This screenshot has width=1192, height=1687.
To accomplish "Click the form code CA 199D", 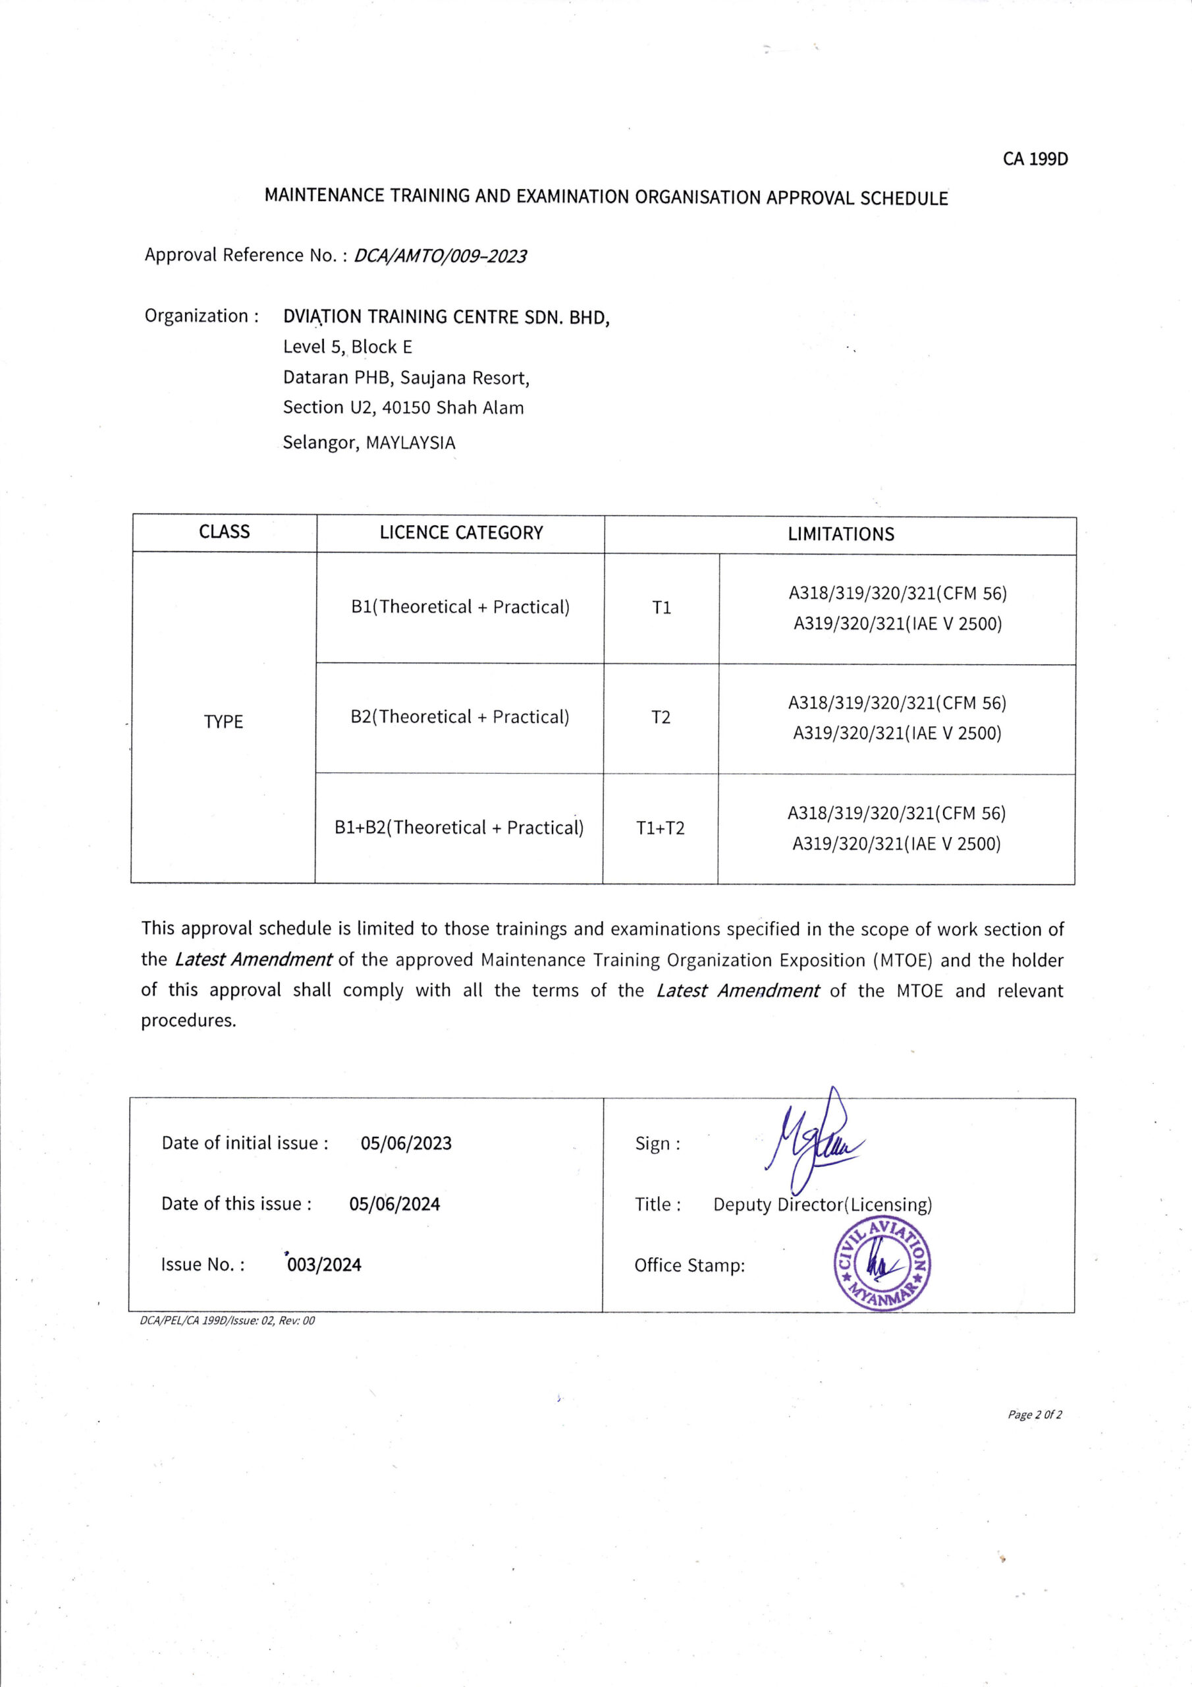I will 1035,159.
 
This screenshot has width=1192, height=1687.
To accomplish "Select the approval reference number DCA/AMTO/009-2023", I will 440,256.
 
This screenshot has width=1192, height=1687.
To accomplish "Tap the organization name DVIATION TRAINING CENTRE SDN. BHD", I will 446,318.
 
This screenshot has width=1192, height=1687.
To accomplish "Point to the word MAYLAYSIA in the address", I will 410,443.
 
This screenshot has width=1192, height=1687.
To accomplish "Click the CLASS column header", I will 224,532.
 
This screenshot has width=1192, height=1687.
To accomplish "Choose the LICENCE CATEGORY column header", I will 460,533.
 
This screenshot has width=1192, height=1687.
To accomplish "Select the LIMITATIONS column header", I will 840,535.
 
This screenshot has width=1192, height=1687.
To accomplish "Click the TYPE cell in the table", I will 223,722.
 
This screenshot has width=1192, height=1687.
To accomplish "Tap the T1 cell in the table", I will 661,608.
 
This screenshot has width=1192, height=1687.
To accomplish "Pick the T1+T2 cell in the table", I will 659,828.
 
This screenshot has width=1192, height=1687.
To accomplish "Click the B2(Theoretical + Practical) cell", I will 460,717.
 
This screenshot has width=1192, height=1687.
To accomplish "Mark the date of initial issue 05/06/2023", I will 406,1143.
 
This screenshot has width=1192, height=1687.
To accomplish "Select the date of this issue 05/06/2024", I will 394,1204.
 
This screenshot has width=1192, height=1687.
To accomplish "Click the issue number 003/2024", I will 324,1265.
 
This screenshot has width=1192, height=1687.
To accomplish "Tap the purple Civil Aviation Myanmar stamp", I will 882,1265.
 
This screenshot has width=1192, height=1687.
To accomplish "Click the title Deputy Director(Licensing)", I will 822,1205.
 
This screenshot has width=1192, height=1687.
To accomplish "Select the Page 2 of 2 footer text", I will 1035,1415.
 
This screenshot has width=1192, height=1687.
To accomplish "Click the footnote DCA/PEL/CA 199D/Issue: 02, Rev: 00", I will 227,1321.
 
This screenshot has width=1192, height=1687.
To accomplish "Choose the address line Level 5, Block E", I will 347,347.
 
